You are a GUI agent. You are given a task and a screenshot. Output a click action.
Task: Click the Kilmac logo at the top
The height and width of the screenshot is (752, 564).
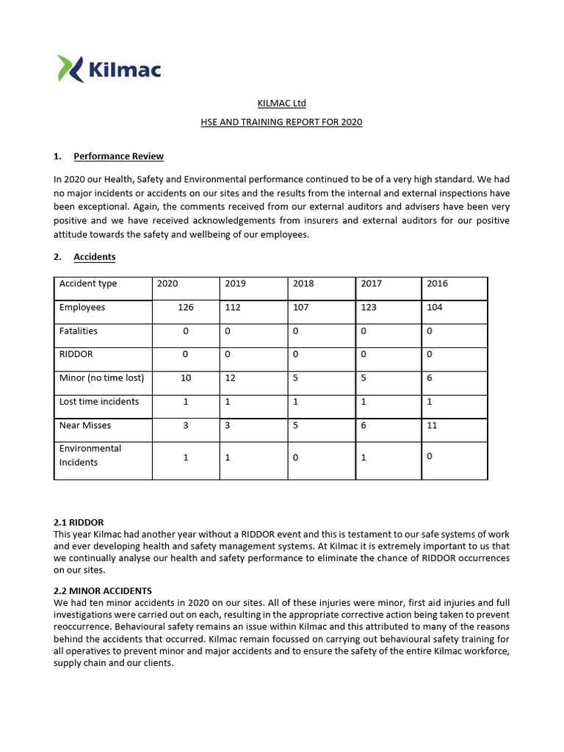tap(108, 70)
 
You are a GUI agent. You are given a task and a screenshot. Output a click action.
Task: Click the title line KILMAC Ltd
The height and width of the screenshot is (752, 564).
tap(281, 104)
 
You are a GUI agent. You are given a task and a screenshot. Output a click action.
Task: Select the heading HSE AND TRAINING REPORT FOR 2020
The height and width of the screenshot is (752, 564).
tap(281, 123)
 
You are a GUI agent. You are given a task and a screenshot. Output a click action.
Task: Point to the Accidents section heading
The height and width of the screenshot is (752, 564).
tap(94, 257)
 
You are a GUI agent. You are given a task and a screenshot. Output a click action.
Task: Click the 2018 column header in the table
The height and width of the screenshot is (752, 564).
tap(303, 283)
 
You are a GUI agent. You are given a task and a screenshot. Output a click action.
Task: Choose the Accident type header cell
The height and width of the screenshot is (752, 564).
tap(88, 283)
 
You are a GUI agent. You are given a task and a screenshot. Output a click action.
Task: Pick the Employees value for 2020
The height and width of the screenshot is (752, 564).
tap(186, 308)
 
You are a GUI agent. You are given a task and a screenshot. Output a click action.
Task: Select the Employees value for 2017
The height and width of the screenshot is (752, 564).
tap(368, 308)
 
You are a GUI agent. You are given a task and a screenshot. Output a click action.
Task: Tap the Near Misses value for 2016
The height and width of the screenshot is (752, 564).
tap(432, 425)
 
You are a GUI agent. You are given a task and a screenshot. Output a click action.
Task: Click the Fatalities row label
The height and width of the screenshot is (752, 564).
tap(79, 331)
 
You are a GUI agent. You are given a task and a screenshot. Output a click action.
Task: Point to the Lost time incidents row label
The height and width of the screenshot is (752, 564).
tap(99, 402)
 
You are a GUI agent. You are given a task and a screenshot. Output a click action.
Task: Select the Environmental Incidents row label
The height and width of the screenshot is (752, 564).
tap(90, 455)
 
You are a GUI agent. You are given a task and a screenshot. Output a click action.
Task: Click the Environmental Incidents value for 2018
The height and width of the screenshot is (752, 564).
tap(295, 458)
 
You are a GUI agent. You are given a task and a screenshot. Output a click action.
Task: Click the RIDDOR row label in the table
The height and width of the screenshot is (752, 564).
tap(76, 355)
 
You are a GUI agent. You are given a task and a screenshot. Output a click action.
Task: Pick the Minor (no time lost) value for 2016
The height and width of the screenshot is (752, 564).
tap(430, 378)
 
